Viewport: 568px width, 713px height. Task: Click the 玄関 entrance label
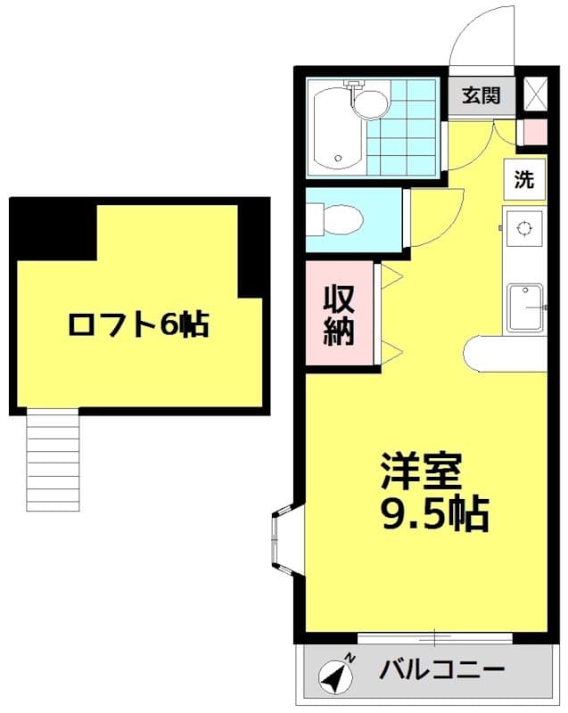[482, 94]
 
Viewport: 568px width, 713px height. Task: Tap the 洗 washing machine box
[524, 179]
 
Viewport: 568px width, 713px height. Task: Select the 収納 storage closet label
[339, 314]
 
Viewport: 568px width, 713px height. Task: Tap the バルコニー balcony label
[444, 668]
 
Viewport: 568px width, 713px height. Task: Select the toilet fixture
[334, 217]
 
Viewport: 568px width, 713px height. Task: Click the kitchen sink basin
[525, 307]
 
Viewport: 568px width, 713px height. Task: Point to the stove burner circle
[523, 227]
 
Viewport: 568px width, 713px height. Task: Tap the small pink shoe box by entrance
[533, 132]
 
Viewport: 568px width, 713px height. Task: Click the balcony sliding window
[434, 636]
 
